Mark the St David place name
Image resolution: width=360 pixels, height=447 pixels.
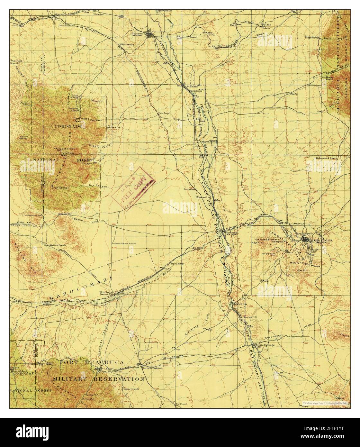(x=192, y=86)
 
